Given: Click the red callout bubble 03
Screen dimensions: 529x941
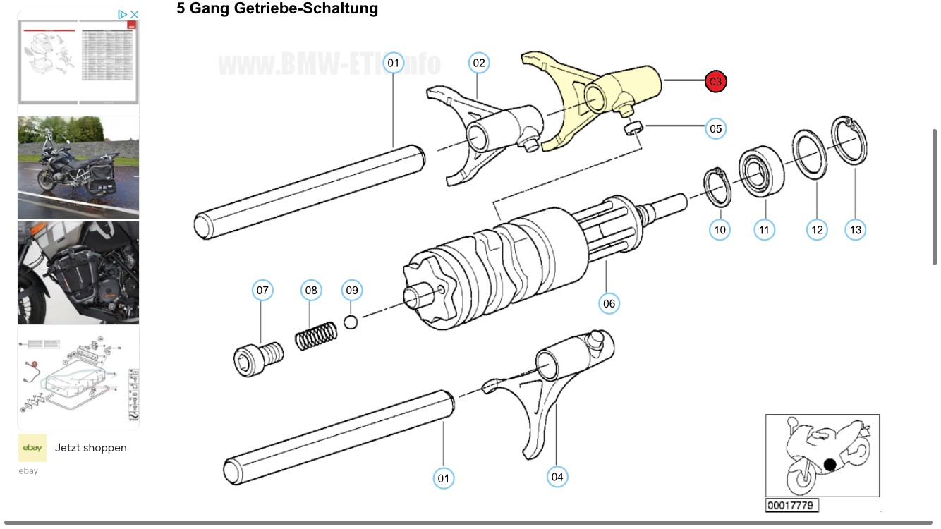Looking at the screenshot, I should pos(715,82).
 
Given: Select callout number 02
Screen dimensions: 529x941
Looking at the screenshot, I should pos(479,63).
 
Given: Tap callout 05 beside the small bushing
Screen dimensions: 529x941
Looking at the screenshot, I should pos(715,129).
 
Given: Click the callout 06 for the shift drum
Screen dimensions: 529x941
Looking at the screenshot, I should pos(609,304).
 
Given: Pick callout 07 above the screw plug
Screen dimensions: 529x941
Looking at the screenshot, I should pos(262,290).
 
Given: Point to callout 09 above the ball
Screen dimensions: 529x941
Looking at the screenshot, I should pos(351,290).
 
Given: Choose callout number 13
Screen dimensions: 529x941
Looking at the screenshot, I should pos(855,230).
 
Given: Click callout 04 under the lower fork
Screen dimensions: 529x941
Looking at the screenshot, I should pos(557,477).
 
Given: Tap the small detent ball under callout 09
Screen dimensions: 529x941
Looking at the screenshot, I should pos(351,322).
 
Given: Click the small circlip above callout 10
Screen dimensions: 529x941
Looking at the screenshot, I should pos(718,188).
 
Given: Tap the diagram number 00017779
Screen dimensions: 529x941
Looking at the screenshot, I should pos(791,505).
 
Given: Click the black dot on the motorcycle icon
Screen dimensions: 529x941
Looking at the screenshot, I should pos(830,464).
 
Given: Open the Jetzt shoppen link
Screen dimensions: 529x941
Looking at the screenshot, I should pos(91,448).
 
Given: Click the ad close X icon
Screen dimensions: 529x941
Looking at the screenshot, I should pos(135,14).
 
